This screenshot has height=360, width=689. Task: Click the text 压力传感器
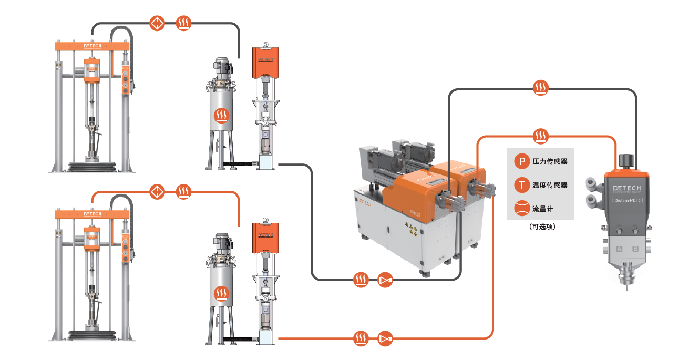tap(550, 162)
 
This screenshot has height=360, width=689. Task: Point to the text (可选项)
tap(542, 227)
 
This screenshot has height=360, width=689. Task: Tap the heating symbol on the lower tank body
tap(221, 295)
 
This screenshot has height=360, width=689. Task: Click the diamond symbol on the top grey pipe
tap(157, 23)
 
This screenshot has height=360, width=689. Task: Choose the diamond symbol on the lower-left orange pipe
tap(157, 191)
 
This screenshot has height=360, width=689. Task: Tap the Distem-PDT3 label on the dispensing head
tap(628, 200)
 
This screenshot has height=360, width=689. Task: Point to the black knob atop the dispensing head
tap(626, 160)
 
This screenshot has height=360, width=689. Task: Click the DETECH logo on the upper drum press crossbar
tap(92, 46)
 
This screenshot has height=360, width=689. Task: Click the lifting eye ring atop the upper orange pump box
tap(265, 45)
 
